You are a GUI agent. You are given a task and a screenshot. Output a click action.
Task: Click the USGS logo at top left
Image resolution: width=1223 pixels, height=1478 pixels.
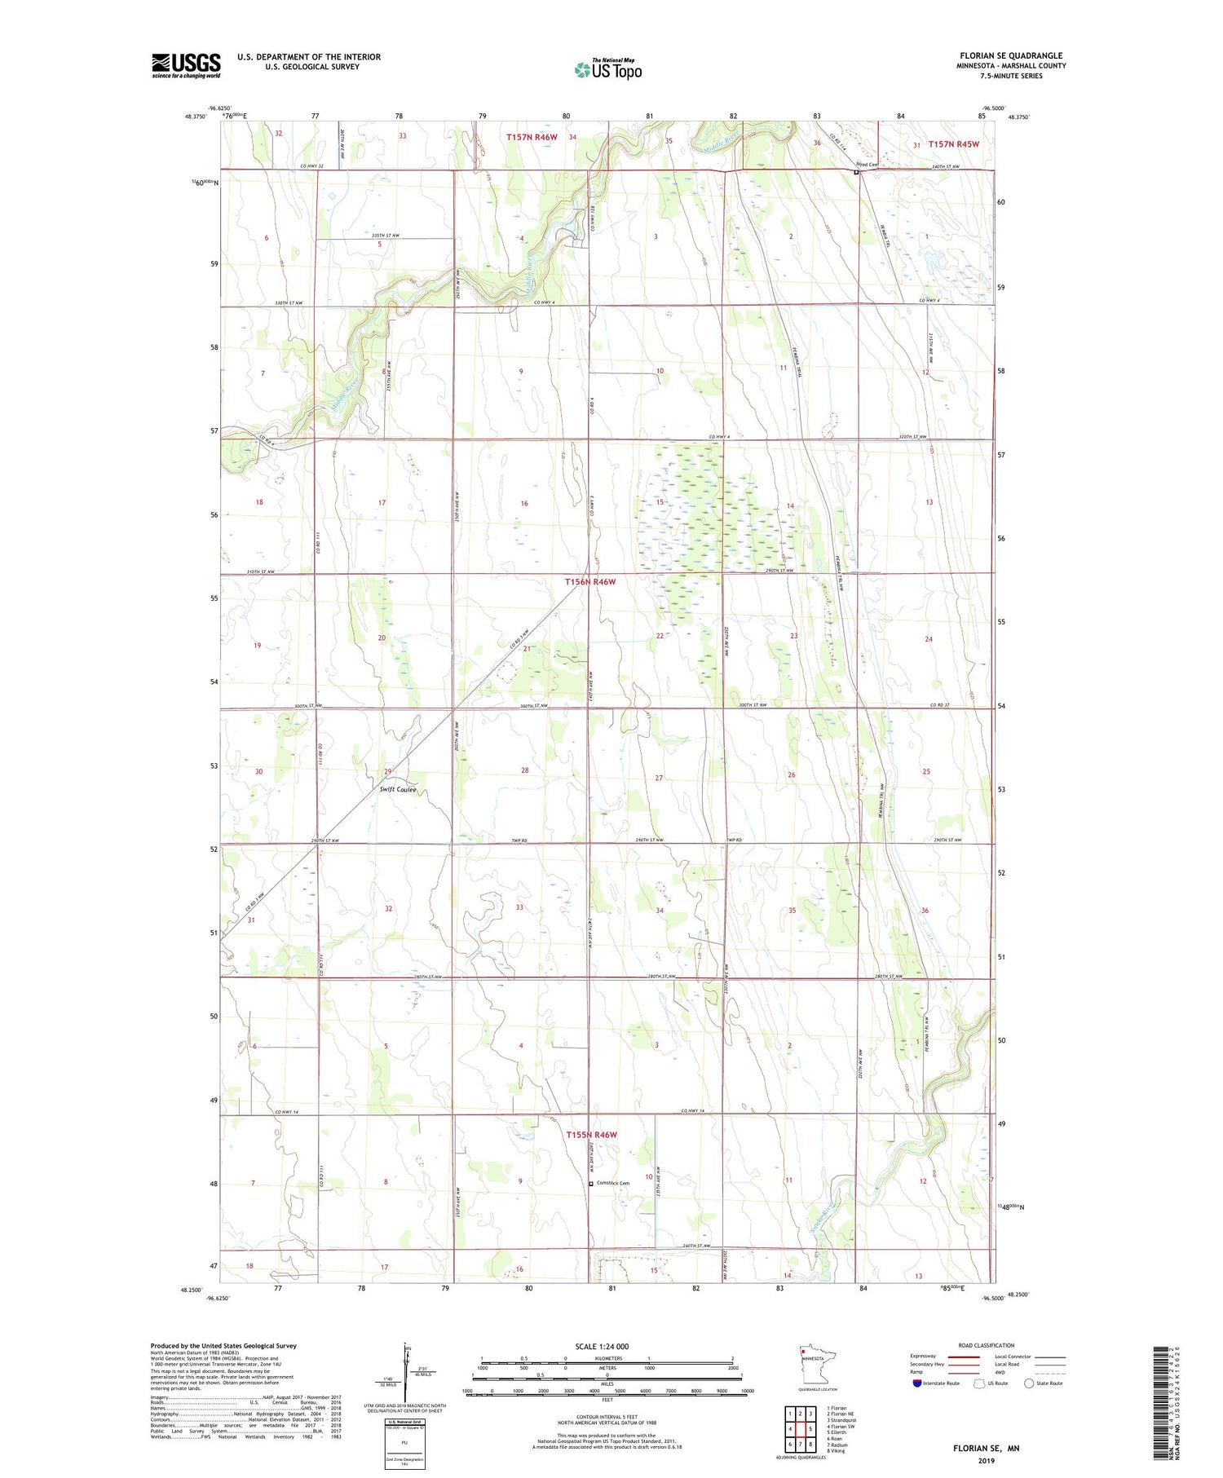(x=186, y=65)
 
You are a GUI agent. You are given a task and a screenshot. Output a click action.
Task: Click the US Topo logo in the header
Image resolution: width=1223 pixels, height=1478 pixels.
(x=607, y=70)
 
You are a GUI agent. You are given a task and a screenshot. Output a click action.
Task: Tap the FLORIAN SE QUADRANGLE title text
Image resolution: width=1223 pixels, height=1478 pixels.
(x=1010, y=55)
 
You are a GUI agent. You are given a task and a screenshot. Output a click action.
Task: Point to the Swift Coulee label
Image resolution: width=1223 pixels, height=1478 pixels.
(x=398, y=789)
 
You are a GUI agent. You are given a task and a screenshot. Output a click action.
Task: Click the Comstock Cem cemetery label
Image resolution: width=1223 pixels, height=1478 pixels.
(x=612, y=1183)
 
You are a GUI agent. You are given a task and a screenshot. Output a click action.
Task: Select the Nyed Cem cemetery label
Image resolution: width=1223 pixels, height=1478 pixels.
(x=868, y=165)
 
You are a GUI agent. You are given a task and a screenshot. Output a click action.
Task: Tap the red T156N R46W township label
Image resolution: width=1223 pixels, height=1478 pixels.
(x=590, y=582)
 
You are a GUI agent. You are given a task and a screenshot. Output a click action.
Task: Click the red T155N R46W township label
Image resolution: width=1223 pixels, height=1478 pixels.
(x=591, y=1135)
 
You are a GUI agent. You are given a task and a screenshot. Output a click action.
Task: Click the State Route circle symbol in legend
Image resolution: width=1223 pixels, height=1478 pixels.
(x=1029, y=1383)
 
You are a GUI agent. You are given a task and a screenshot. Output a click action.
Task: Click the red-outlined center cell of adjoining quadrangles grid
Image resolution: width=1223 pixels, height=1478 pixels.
(x=800, y=1429)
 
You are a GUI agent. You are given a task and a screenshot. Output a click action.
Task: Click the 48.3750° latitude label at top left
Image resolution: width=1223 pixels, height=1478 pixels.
(x=196, y=117)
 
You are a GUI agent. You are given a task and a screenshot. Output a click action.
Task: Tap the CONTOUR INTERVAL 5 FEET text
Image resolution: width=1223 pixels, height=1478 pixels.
(x=607, y=1416)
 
